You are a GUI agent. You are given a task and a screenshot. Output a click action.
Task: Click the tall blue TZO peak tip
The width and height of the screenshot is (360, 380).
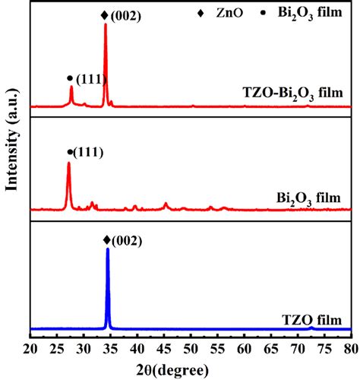(x=108, y=249)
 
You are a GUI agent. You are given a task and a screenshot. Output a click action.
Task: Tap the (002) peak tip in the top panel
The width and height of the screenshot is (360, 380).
(x=105, y=24)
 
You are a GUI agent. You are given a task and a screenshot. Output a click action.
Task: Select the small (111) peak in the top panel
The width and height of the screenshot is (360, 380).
(x=71, y=87)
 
